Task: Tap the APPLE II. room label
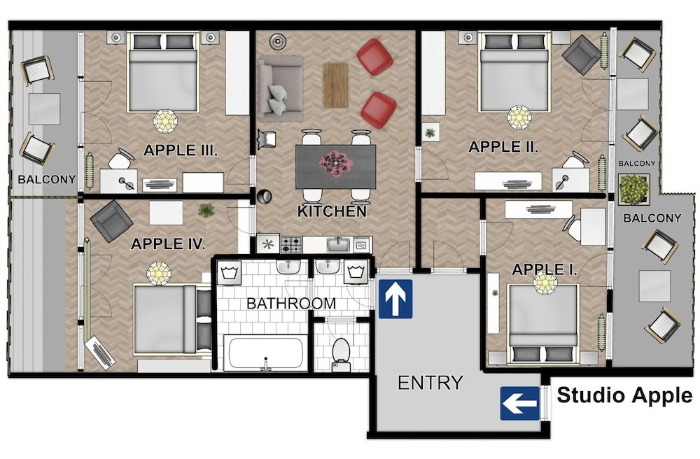(503, 147)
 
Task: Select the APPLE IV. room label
(168, 244)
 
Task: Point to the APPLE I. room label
(545, 269)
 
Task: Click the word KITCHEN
(332, 211)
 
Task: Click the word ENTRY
(430, 383)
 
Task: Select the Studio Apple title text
(624, 395)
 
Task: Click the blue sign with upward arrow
(395, 299)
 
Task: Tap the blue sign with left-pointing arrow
(519, 404)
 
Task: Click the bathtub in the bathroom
(265, 353)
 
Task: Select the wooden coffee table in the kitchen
(335, 85)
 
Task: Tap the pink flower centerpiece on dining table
(336, 163)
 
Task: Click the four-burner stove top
(291, 244)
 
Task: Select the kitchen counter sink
(338, 244)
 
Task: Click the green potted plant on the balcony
(634, 190)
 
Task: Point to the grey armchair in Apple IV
(111, 220)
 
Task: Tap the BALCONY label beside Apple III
(47, 180)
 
